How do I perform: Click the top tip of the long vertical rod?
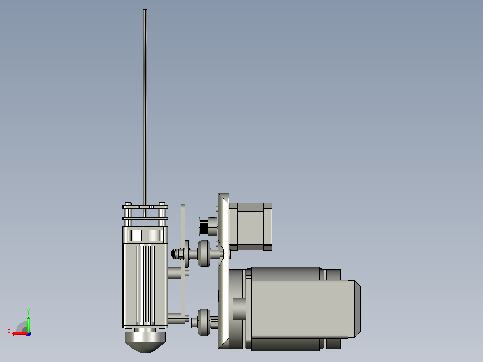145,9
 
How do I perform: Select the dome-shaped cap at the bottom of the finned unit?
145,342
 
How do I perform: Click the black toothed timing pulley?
203,226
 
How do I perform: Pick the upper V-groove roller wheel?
203,254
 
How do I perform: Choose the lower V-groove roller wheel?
203,322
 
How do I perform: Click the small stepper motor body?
250,226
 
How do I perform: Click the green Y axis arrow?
28,324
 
